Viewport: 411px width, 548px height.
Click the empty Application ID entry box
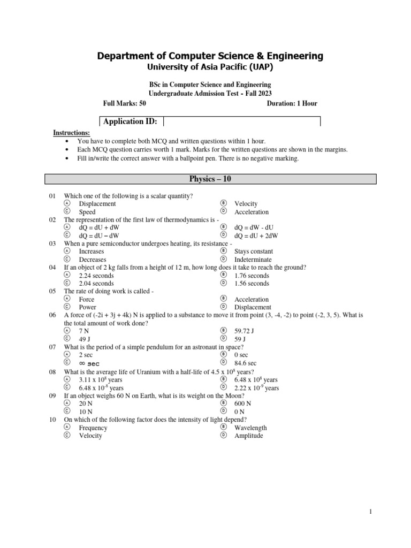pos(241,121)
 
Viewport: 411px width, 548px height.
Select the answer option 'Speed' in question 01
pos(87,212)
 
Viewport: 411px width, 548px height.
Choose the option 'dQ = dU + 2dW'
pos(256,235)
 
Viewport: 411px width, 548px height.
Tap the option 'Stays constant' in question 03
pos(253,252)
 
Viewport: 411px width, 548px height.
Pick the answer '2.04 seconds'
pos(96,284)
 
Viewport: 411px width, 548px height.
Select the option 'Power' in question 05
pos(87,308)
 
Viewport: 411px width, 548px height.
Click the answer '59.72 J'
pos(243,331)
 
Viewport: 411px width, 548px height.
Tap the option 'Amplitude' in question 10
pos(248,436)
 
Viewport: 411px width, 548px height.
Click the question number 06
pos(52,316)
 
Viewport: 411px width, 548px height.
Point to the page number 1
pos(370,512)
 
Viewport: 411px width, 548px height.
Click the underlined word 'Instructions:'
pos(72,133)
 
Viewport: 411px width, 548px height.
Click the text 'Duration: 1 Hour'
pos(292,103)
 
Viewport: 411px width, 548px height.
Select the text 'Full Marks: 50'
pos(124,103)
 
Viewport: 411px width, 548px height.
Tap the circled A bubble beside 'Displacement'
pos(67,204)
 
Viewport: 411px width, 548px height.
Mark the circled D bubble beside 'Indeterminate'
pos(223,260)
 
